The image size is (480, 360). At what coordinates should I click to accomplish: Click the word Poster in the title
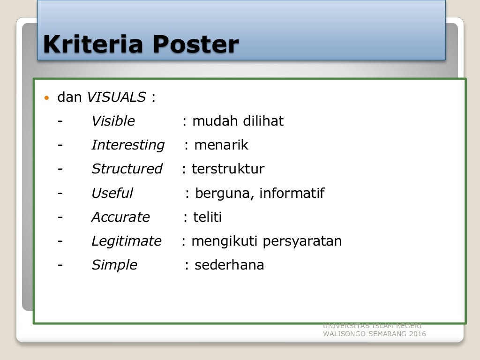(195, 45)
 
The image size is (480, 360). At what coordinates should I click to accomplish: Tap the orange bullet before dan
(46, 98)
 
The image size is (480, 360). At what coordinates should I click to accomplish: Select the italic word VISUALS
(116, 97)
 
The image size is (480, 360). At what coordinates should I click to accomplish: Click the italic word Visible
(113, 121)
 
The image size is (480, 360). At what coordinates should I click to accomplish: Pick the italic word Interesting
(128, 145)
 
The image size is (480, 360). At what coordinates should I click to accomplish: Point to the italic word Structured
(127, 169)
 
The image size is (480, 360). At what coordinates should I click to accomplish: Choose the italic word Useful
(112, 193)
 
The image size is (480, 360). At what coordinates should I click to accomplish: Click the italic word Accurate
(120, 217)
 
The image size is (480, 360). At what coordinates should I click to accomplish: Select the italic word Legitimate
(126, 241)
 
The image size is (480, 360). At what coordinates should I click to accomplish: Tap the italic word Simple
(114, 265)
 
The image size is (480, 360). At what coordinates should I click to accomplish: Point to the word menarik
(221, 145)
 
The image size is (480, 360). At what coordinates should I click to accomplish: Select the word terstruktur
(228, 169)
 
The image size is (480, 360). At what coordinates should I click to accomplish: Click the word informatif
(292, 193)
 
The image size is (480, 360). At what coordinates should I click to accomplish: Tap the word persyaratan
(302, 241)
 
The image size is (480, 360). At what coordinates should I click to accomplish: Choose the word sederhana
(229, 265)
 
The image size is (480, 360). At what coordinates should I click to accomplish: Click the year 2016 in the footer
(417, 334)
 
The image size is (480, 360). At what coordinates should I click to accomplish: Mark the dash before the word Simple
(60, 265)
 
